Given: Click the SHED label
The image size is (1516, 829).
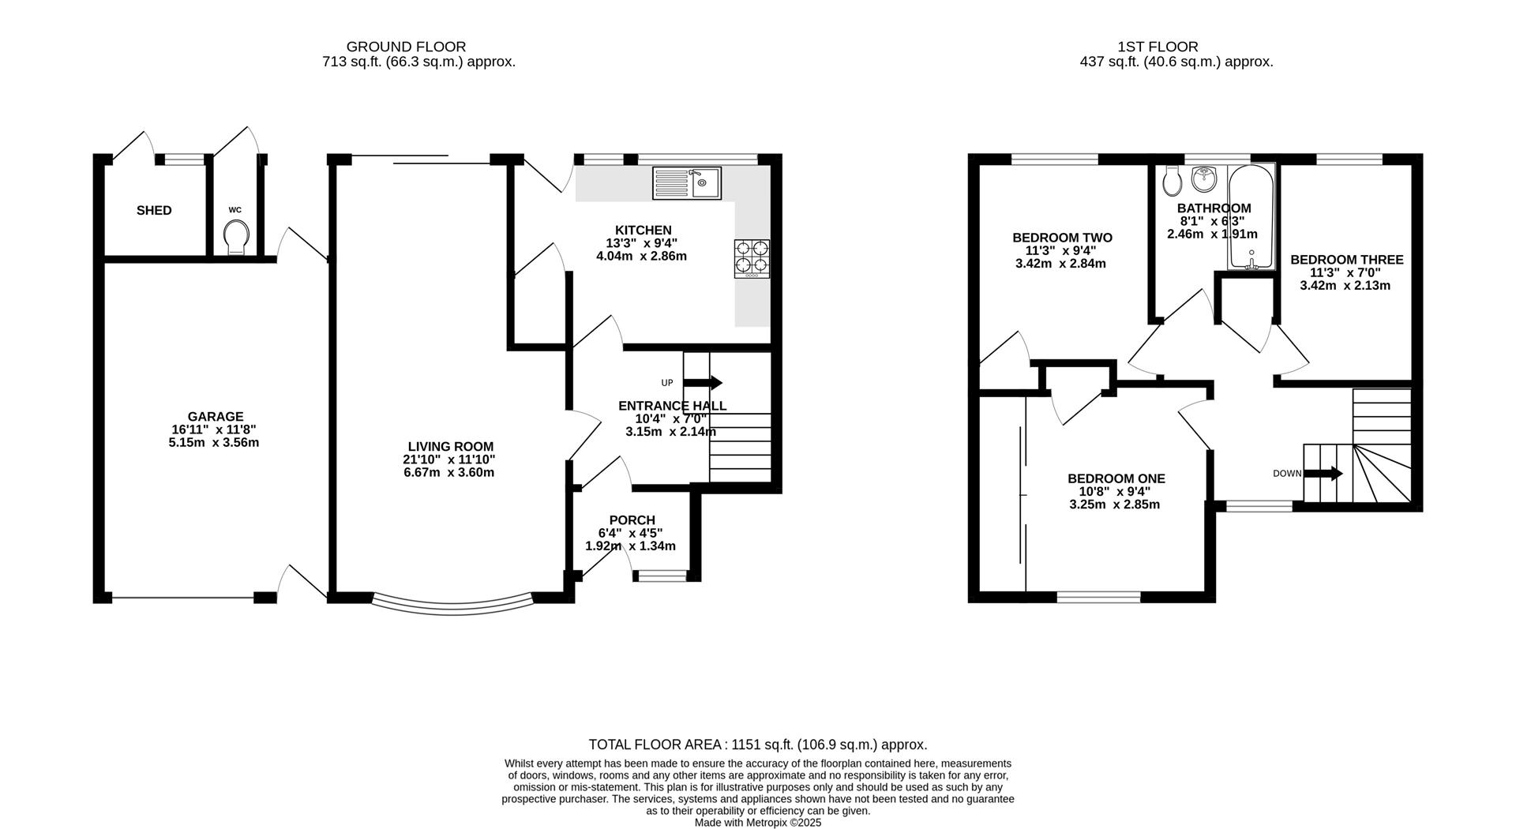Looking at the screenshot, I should pos(154,210).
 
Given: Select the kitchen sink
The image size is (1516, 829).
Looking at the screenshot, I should pos(687,183).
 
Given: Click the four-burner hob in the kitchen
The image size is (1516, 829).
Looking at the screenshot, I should pos(752,259).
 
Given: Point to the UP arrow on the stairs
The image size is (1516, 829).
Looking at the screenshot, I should pos(702,383).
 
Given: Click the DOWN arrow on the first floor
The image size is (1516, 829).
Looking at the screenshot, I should pos(1323,474).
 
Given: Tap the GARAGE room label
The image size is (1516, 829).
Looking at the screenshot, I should pos(215,417).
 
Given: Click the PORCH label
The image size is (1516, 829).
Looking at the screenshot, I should pos(632,520).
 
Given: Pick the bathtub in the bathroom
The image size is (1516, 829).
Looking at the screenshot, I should pos(1251,217).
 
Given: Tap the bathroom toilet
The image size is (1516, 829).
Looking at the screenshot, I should pos(1173,182).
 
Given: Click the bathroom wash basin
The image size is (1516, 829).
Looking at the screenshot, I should pos(1204,178).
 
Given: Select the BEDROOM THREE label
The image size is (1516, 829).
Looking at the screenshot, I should pos(1346,260).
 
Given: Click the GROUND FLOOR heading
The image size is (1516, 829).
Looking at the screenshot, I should pos(406,47).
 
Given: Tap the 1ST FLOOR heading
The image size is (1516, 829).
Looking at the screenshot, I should pos(1158,47).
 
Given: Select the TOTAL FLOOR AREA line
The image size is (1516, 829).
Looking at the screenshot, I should pos(757,745).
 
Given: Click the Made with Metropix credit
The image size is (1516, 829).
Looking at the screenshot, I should pos(757,823).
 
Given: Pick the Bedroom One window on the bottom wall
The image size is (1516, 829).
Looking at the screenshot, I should pos(1099,598).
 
